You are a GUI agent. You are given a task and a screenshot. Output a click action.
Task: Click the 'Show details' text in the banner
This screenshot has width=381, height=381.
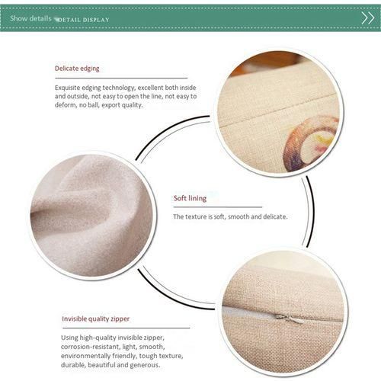(x=30, y=18)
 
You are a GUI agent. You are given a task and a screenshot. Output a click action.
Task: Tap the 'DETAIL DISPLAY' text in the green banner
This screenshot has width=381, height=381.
(x=83, y=20)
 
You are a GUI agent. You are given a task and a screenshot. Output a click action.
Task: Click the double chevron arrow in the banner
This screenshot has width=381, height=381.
(x=368, y=18)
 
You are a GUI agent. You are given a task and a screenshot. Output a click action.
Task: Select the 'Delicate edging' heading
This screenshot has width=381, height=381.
(x=77, y=69)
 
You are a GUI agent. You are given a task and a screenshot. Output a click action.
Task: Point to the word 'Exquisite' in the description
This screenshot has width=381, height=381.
(x=67, y=88)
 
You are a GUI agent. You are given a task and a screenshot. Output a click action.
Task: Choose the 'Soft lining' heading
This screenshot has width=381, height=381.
(x=190, y=198)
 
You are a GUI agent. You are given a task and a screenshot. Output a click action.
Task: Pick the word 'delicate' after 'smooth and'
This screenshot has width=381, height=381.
(x=275, y=216)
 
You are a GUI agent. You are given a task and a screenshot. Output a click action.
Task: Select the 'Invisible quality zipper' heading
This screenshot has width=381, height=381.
(x=95, y=319)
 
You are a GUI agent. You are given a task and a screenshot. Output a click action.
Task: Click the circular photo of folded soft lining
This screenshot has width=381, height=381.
(x=92, y=216)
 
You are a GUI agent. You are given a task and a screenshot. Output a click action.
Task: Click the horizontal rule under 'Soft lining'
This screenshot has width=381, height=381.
(x=218, y=207)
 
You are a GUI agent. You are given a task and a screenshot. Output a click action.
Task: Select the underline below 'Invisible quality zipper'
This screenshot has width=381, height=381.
(x=126, y=328)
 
